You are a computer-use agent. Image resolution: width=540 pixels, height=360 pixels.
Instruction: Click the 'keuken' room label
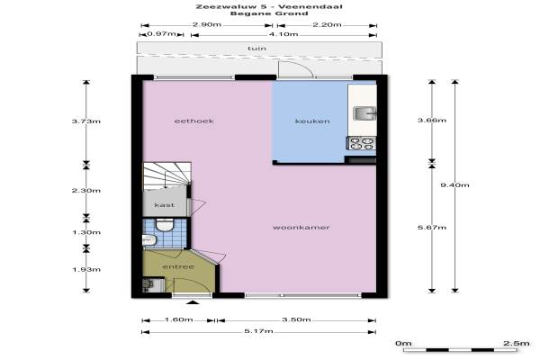coord(312,121)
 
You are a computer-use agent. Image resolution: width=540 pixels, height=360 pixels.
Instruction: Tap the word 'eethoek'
coord(194,121)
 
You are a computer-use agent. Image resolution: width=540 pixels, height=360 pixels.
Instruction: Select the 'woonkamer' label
coord(301,228)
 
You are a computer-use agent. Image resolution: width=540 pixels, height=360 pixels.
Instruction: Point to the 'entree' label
coord(178,266)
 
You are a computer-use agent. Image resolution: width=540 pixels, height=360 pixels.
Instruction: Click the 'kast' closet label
coord(165,205)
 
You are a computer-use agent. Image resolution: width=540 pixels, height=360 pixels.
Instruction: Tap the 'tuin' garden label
coord(256,49)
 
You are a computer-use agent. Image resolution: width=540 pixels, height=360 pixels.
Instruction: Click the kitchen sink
coord(364,113)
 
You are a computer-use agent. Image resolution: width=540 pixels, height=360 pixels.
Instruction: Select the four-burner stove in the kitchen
coord(361,144)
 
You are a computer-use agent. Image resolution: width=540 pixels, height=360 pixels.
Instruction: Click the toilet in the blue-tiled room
coord(165,225)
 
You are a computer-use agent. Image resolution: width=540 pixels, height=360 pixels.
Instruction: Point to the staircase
coord(167,175)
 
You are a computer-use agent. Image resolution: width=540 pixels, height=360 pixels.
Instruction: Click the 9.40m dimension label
coord(454,185)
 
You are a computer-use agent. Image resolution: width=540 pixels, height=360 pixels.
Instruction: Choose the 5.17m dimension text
coord(258,331)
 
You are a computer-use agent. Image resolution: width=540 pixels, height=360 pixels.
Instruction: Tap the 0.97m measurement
coord(161,34)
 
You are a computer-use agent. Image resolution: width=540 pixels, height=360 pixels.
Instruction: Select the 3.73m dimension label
coord(86,121)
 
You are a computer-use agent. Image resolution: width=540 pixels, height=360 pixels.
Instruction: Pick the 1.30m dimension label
coord(86,232)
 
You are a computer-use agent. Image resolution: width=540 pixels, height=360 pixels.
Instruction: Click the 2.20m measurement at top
coord(327,24)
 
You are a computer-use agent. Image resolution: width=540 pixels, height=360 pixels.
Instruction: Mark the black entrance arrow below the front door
coord(193,302)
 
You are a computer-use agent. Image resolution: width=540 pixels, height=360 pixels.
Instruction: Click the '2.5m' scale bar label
coord(517,343)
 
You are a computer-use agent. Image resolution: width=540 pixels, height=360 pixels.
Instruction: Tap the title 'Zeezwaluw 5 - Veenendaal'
coord(269,6)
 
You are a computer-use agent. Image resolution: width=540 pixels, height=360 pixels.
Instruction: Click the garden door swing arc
coord(301,65)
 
